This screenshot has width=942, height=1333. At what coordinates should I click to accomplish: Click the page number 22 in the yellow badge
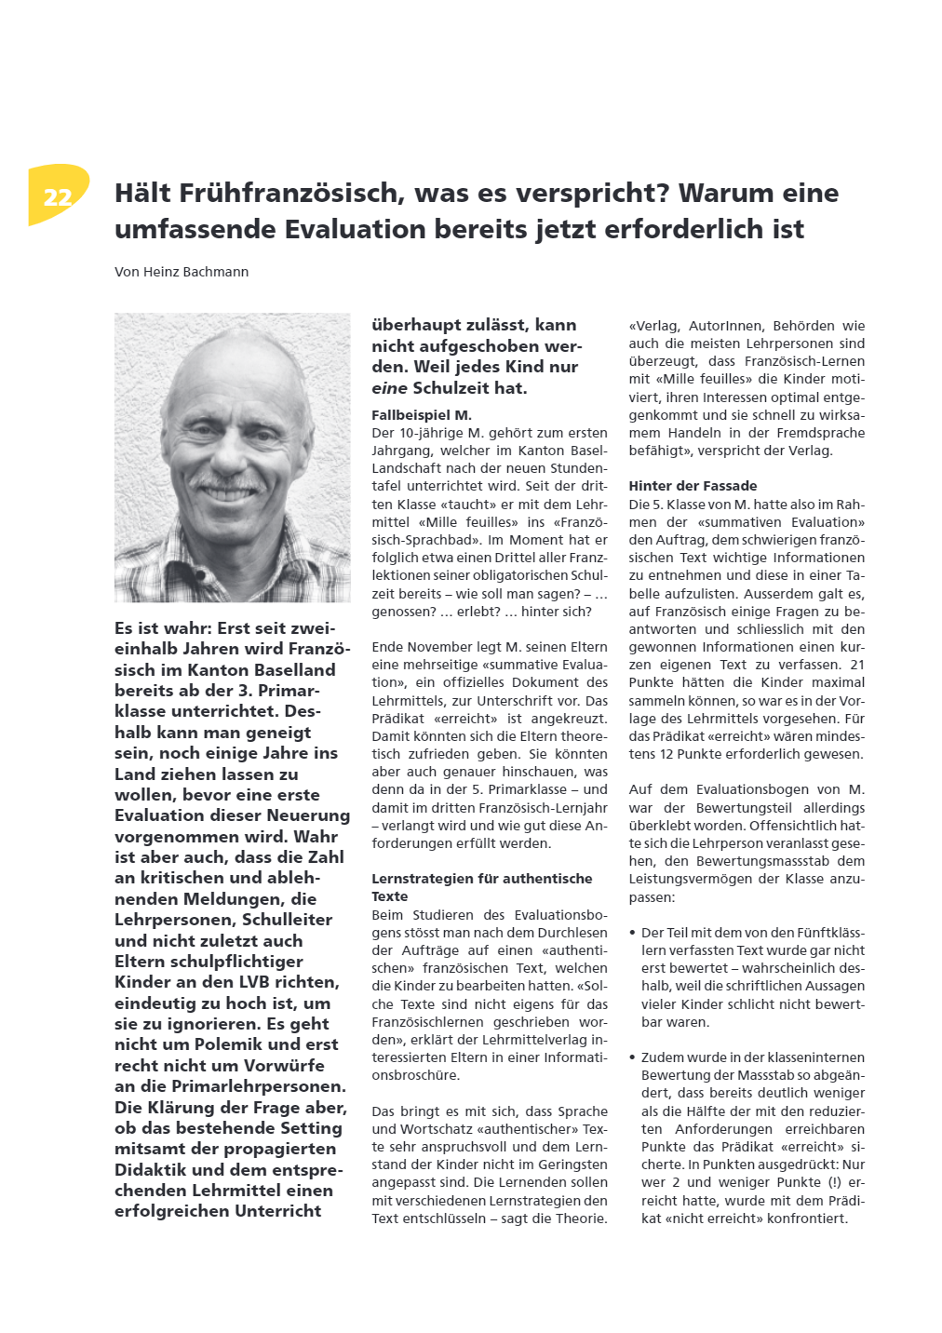pyautogui.click(x=58, y=197)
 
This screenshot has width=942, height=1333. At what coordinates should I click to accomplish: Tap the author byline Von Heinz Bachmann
pyautogui.click(x=182, y=272)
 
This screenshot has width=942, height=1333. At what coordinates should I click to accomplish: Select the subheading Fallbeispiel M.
pyautogui.click(x=422, y=415)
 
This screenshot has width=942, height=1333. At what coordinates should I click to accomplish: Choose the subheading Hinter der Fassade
pyautogui.click(x=693, y=486)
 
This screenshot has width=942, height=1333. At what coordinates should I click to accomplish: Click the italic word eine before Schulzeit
pyautogui.click(x=389, y=388)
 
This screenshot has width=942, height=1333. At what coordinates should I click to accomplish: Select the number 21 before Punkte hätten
pyautogui.click(x=857, y=665)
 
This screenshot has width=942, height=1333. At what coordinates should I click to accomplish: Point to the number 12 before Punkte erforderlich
pyautogui.click(x=668, y=754)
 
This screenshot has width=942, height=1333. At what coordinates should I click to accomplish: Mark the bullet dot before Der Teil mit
pyautogui.click(x=633, y=933)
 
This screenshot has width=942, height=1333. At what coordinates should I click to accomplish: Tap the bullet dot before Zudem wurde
pyautogui.click(x=633, y=1057)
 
